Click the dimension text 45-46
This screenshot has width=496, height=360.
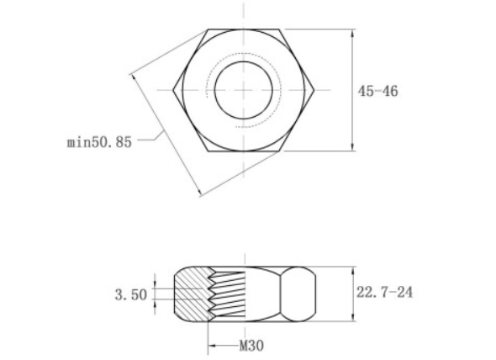(377, 91)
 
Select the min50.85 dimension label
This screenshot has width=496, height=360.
(99, 142)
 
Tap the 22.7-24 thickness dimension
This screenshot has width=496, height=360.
(384, 293)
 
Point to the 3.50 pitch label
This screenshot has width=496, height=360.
(130, 294)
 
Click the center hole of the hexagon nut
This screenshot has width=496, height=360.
(244, 90)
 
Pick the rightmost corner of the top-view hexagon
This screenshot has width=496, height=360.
(316, 89)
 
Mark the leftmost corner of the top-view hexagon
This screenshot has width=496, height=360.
(173, 89)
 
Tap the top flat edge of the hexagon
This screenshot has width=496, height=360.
(244, 30)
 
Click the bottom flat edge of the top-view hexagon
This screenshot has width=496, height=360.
(244, 151)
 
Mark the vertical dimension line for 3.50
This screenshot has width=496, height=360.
(155, 294)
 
